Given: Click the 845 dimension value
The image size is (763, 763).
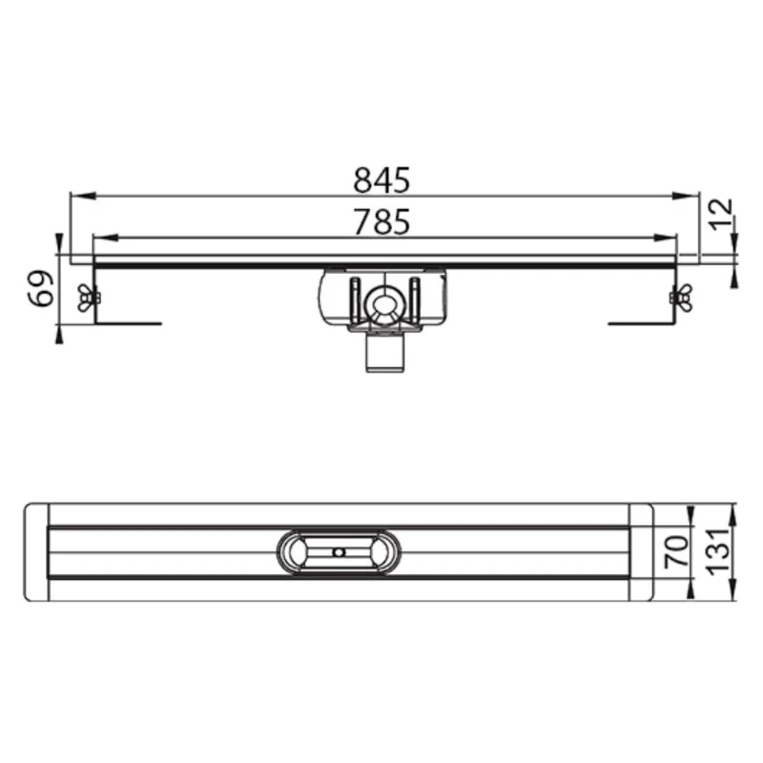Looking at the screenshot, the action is (x=381, y=180).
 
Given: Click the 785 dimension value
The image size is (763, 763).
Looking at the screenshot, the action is (x=381, y=222).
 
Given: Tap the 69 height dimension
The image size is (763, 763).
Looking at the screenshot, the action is (x=41, y=288).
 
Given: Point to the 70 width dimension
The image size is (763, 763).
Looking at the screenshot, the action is (x=677, y=551).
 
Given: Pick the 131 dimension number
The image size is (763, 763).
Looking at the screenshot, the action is (x=719, y=551).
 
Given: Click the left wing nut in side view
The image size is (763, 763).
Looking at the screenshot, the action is (x=88, y=297).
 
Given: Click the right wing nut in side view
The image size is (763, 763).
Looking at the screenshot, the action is (x=681, y=297).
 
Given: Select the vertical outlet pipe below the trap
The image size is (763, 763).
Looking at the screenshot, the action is (x=385, y=353).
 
